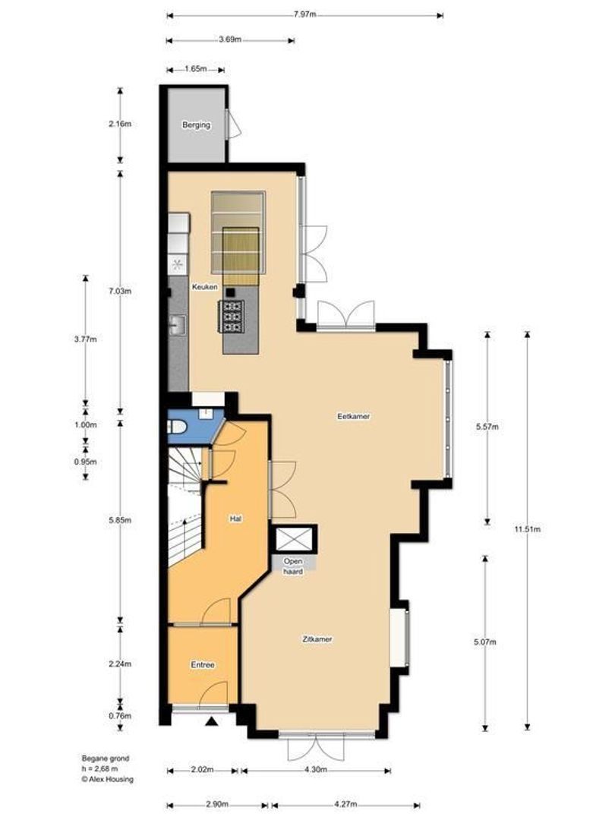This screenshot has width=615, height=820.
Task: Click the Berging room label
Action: [x=195, y=125]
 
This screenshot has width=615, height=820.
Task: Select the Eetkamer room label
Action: [x=354, y=416]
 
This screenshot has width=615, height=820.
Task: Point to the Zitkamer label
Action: [x=317, y=639]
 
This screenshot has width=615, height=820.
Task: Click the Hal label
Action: [x=236, y=519]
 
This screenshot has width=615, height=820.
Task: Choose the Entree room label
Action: [x=202, y=665]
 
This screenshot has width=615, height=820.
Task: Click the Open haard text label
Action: [x=294, y=566]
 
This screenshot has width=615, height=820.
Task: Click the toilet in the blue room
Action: [x=176, y=427]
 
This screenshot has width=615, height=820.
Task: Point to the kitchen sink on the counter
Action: [x=178, y=325]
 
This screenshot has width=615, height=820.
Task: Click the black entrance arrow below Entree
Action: [x=213, y=721]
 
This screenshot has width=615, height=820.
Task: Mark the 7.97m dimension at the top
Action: [x=304, y=14]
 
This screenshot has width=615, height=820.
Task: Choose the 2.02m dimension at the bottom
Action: [x=201, y=771]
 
